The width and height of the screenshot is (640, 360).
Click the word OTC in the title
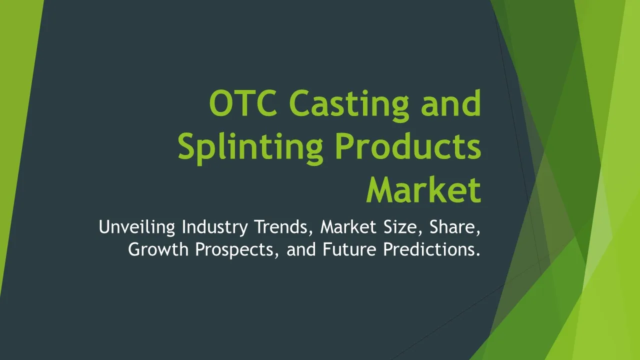243,103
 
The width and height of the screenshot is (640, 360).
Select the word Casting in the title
349,105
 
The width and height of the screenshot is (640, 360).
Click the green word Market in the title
423,189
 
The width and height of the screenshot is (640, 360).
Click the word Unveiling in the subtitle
137,227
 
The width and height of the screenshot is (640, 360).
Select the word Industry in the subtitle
215,227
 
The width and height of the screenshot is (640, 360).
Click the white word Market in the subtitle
348,227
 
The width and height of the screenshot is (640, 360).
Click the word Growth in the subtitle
158,249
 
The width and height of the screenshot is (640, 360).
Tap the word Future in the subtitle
349,249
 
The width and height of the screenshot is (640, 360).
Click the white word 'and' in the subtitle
301,249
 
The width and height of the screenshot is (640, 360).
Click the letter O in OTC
220,103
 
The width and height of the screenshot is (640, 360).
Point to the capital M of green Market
380,189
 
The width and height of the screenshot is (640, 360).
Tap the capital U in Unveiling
104,227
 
